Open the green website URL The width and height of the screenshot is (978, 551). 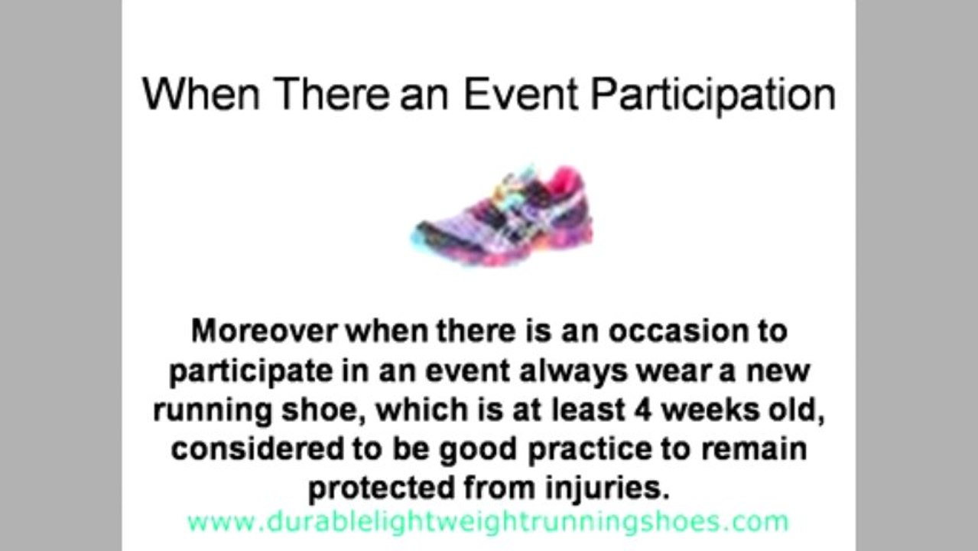point(488,523)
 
